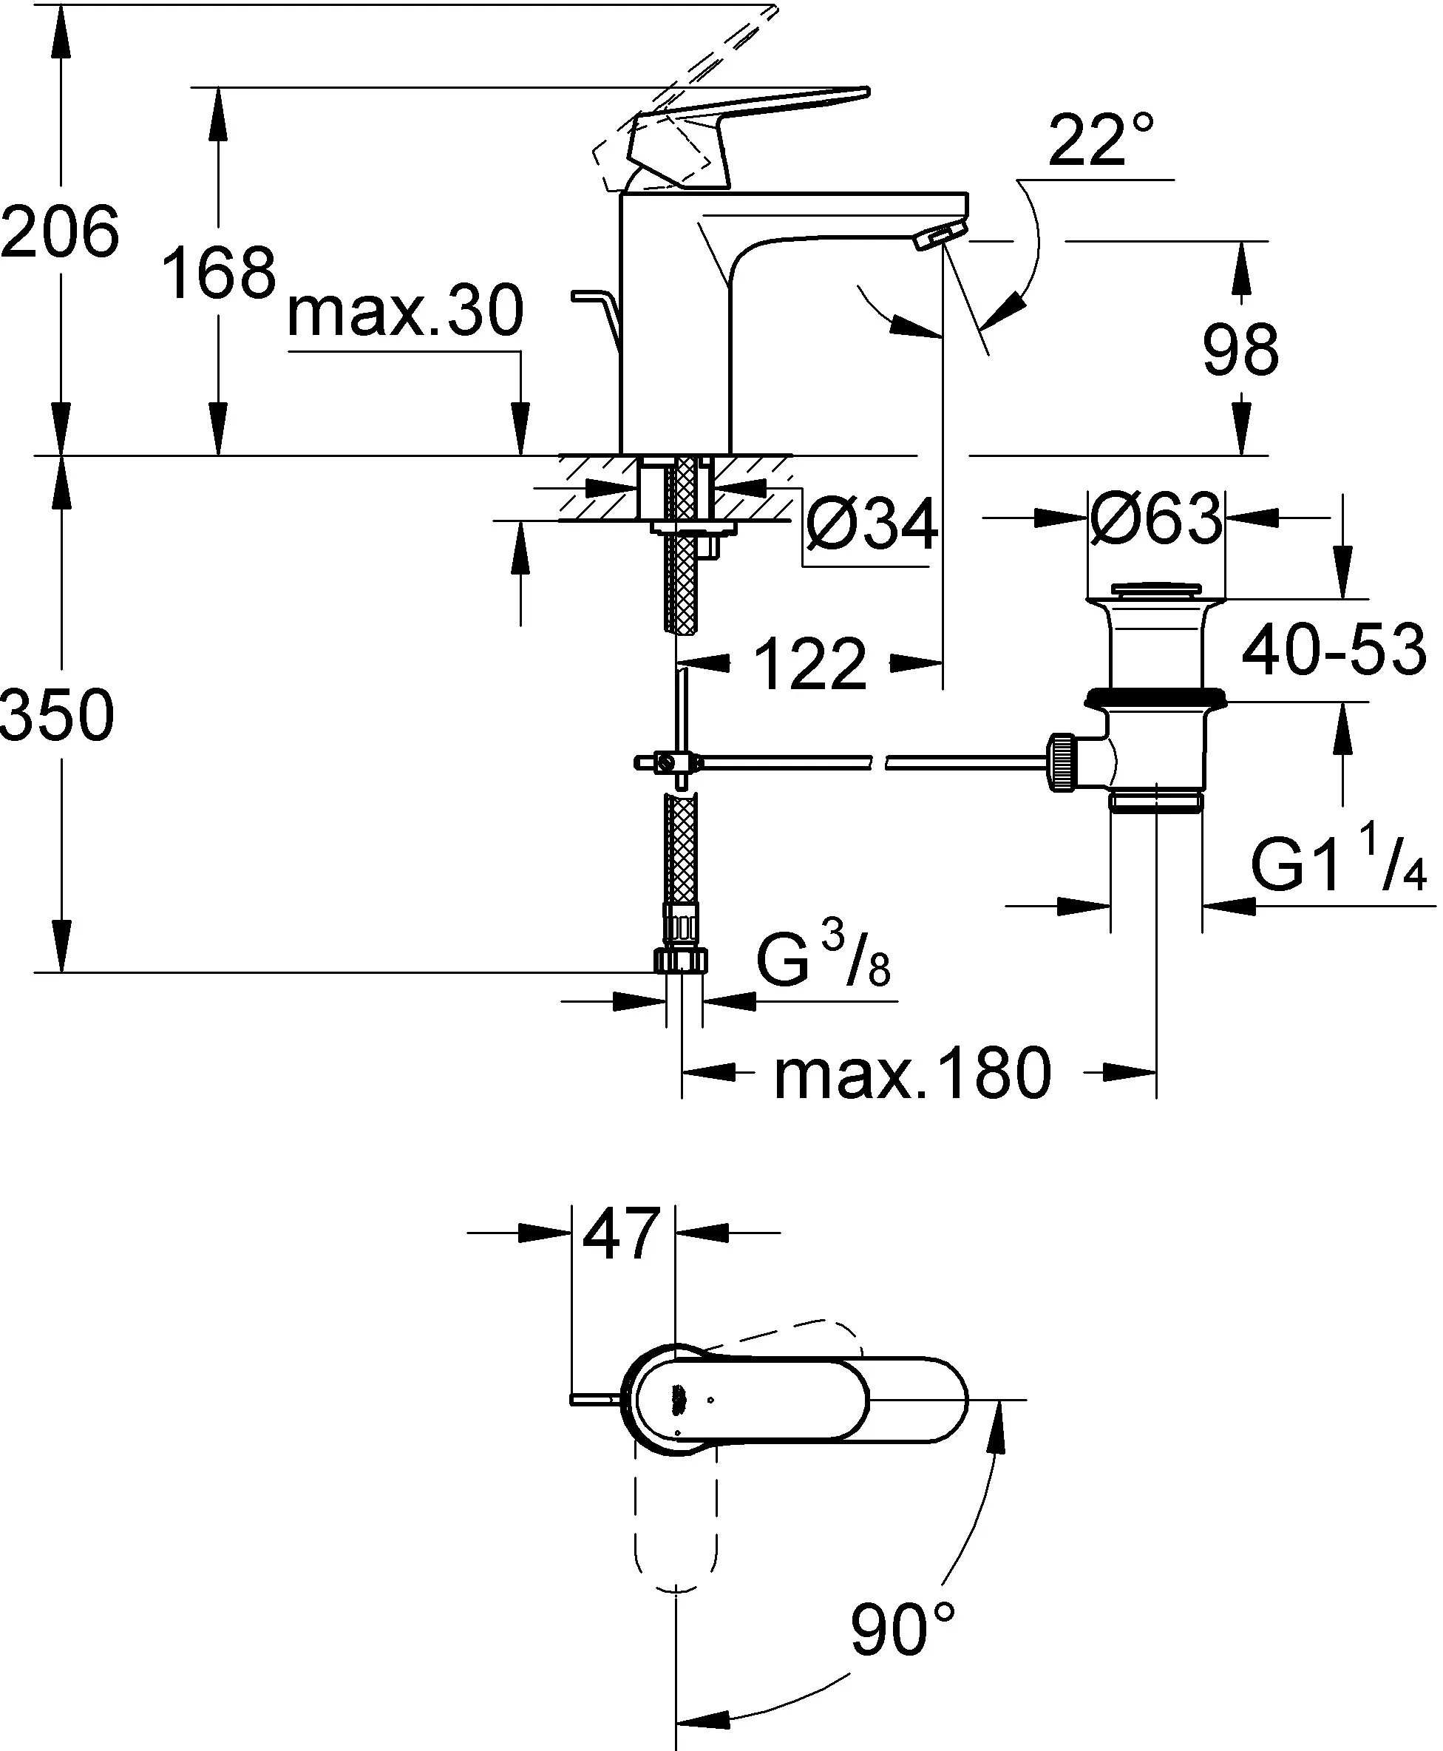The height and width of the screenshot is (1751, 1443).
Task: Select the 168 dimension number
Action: tap(219, 273)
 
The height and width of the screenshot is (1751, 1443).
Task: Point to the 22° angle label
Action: tap(1101, 139)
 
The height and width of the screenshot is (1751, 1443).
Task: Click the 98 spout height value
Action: tap(1240, 349)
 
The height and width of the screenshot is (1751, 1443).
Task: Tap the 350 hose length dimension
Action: tap(56, 715)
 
